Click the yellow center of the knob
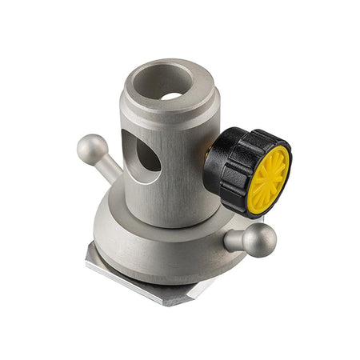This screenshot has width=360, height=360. (266, 178)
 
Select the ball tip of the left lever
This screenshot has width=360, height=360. (91, 148)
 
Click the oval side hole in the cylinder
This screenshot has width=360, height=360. (147, 155)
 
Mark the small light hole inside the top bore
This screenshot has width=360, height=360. (170, 95)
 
